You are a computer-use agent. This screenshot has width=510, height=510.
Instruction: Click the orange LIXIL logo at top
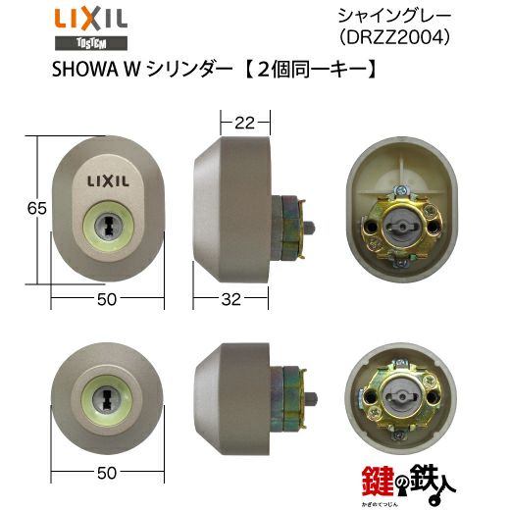(91, 20)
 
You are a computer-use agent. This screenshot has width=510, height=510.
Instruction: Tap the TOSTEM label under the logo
(91, 43)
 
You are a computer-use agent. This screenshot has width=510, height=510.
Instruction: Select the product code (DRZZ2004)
(394, 38)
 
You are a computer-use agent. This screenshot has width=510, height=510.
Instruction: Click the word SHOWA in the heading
(84, 70)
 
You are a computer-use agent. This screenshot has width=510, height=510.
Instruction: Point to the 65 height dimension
(36, 208)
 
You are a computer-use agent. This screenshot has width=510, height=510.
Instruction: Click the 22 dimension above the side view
(244, 123)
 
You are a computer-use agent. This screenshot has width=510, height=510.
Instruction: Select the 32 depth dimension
(230, 299)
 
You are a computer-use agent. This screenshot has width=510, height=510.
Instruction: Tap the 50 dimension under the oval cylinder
(107, 299)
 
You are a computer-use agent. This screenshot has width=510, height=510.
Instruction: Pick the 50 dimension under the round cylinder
(107, 473)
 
